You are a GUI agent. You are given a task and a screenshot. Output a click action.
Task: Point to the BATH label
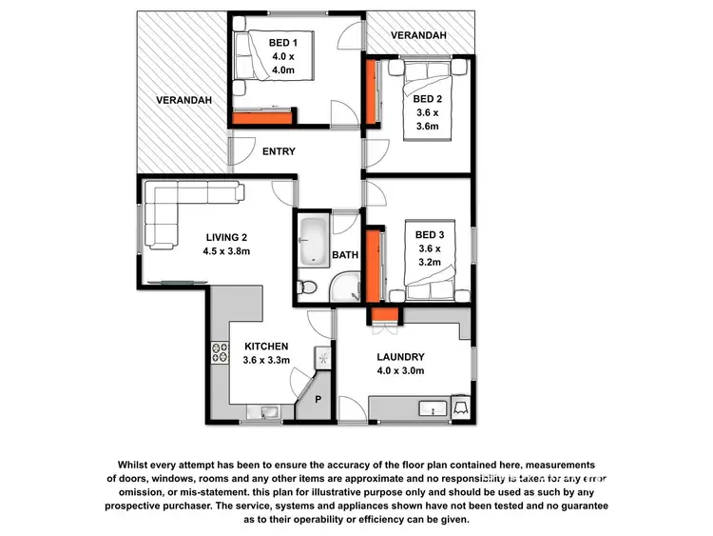click(x=345, y=255)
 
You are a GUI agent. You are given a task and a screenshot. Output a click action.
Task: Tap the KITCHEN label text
click(x=266, y=347)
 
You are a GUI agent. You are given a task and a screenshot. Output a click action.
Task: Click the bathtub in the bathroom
click(x=313, y=244)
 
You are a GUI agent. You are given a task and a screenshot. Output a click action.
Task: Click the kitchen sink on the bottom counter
click(x=263, y=411)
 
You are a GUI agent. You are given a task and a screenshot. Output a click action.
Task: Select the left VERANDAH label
click(x=184, y=100)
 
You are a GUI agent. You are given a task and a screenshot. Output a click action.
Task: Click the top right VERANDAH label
click(x=419, y=35)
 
